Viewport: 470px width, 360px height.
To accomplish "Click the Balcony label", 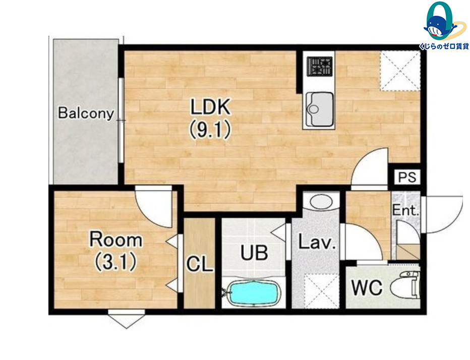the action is coord(86,113).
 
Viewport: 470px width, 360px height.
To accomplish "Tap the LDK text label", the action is coord(211,107).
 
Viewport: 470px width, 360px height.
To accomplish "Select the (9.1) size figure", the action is coord(210,130).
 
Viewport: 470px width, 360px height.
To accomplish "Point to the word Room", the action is coord(115,239).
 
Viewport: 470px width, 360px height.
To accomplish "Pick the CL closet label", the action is coord(199,264).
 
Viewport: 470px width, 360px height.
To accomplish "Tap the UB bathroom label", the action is coord(254,253).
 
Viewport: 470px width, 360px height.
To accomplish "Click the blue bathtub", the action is coord(254,293).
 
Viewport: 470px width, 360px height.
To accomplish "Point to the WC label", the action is coord(367,287).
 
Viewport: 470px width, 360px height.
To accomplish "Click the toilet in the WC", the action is coord(404,285).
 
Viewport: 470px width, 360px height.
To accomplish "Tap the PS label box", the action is coord(407,177).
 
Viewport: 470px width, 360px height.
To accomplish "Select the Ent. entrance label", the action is coord(405,210).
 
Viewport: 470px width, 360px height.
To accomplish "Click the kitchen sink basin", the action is coord(319,109).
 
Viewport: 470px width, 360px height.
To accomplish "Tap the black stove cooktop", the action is coord(320,66).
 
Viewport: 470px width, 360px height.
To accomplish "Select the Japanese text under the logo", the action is coord(444,46).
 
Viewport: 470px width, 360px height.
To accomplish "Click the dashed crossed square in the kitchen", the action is coord(400,71).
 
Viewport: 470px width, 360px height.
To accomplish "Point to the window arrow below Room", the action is coord(127,319).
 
